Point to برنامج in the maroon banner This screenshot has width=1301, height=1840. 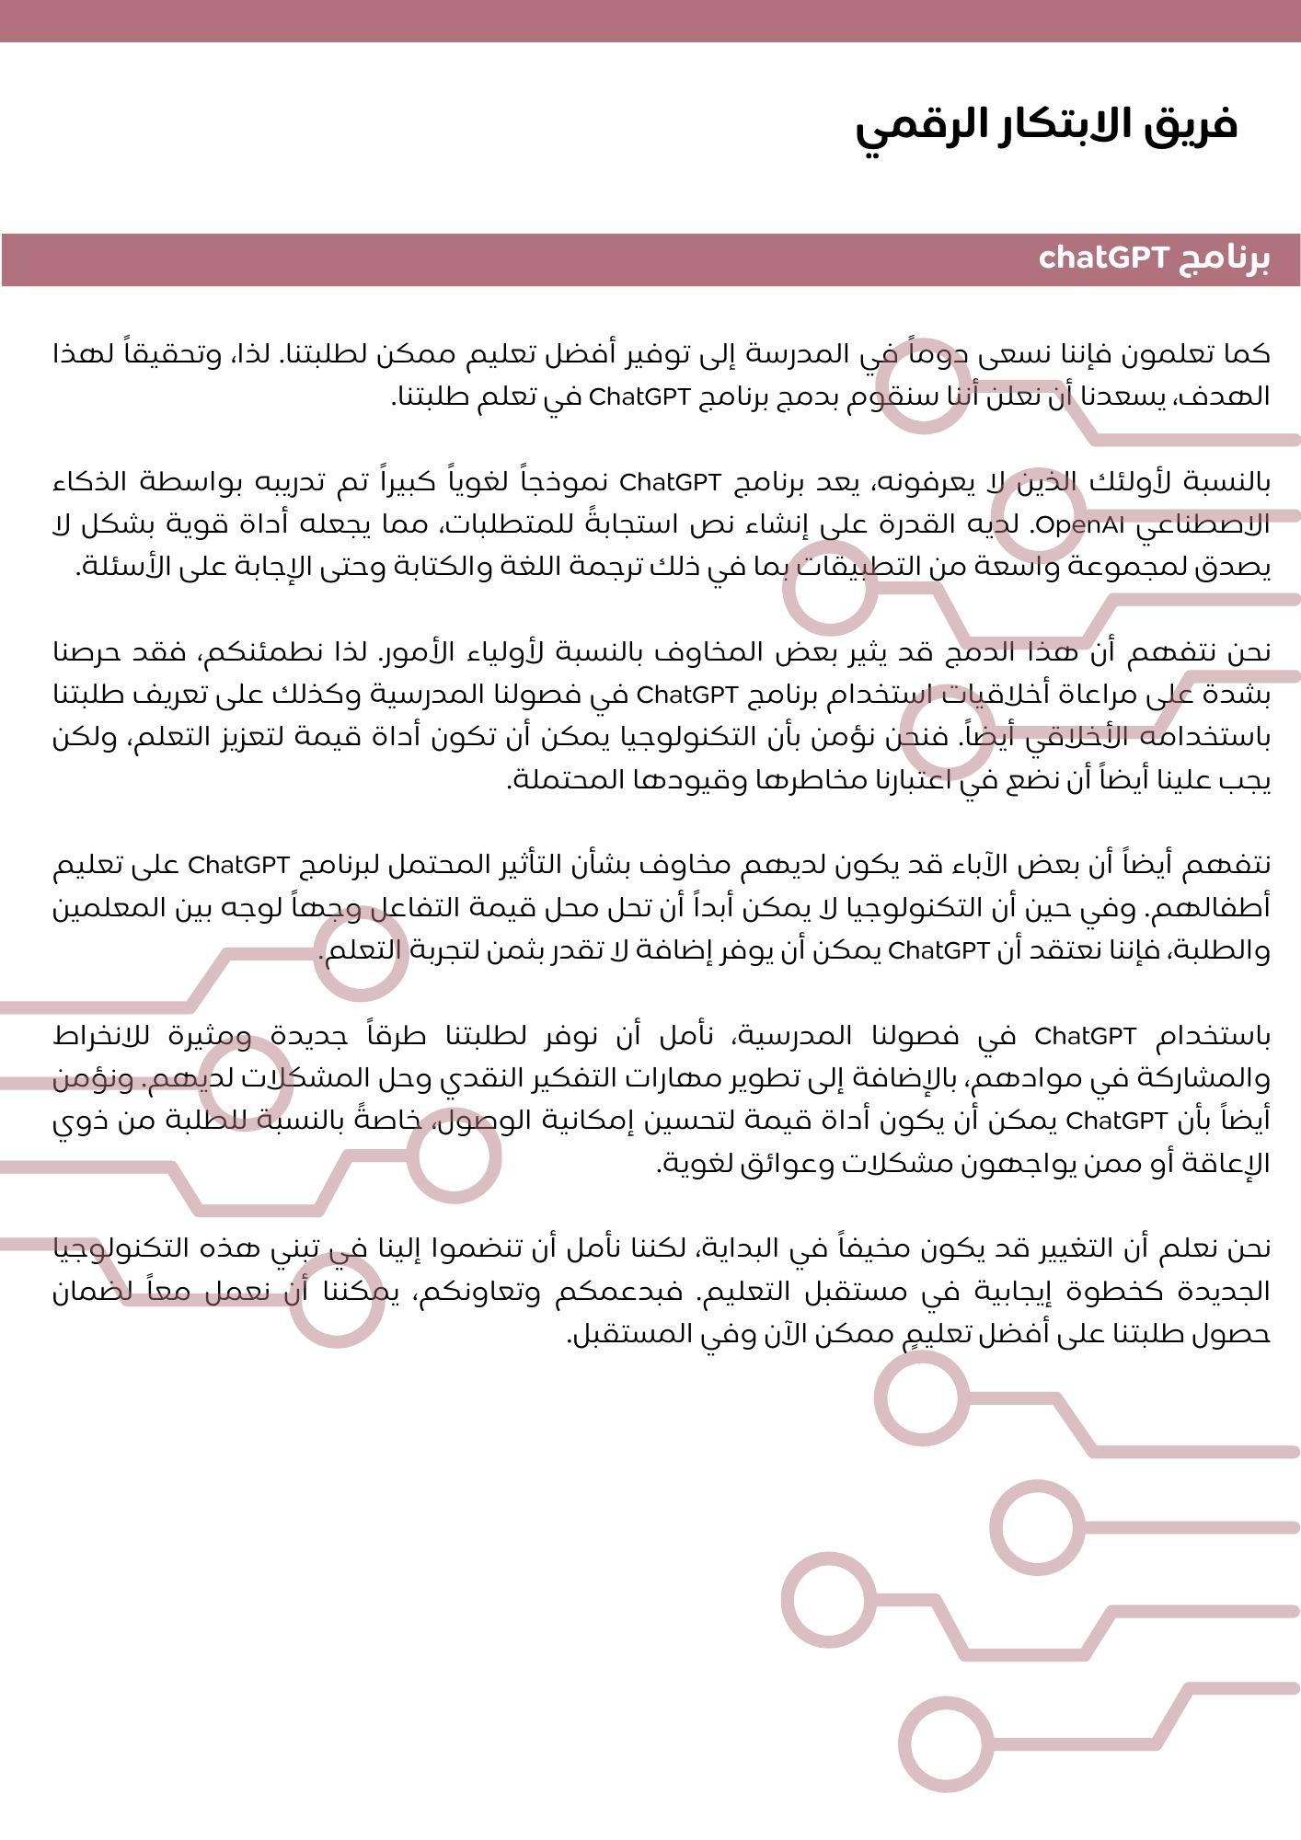[1225, 259]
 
